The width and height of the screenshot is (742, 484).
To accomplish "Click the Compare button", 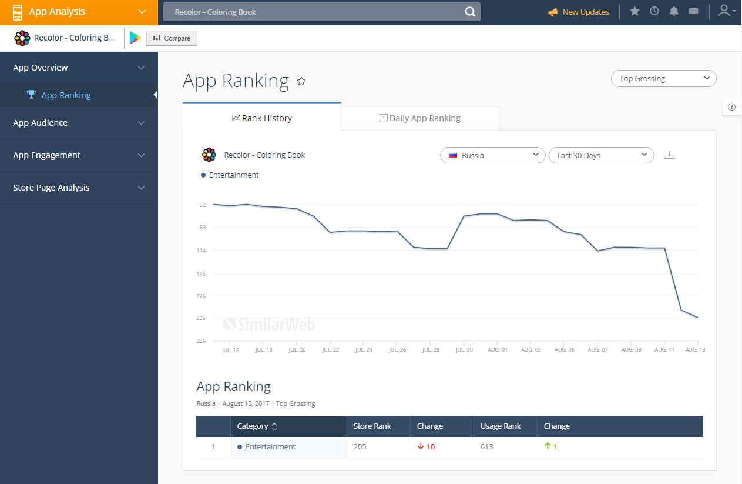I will (172, 38).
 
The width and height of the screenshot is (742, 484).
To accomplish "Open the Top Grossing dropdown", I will (663, 78).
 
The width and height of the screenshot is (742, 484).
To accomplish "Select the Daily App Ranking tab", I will (419, 118).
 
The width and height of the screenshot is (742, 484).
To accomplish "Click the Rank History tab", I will (262, 118).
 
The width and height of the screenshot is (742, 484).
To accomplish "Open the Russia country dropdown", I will (492, 155).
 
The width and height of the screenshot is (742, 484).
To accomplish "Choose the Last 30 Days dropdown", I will (601, 155).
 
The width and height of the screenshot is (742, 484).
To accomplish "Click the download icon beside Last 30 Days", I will (669, 155).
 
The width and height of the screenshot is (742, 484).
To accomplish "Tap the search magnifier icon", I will (470, 12).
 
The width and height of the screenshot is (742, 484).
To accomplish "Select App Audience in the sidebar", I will (41, 123).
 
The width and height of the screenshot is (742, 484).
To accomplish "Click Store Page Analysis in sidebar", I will (51, 188).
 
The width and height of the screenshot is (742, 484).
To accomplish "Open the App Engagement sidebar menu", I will (47, 155).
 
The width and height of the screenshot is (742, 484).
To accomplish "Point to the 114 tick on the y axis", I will (202, 251).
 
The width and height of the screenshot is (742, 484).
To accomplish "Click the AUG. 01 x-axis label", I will (497, 350).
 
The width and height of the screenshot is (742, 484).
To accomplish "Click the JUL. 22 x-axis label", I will (330, 350).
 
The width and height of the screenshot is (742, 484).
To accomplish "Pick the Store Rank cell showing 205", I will (360, 447).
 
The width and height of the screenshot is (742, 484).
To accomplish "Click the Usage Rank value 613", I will (486, 447).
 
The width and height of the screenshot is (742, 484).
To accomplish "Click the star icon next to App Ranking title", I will (301, 81).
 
